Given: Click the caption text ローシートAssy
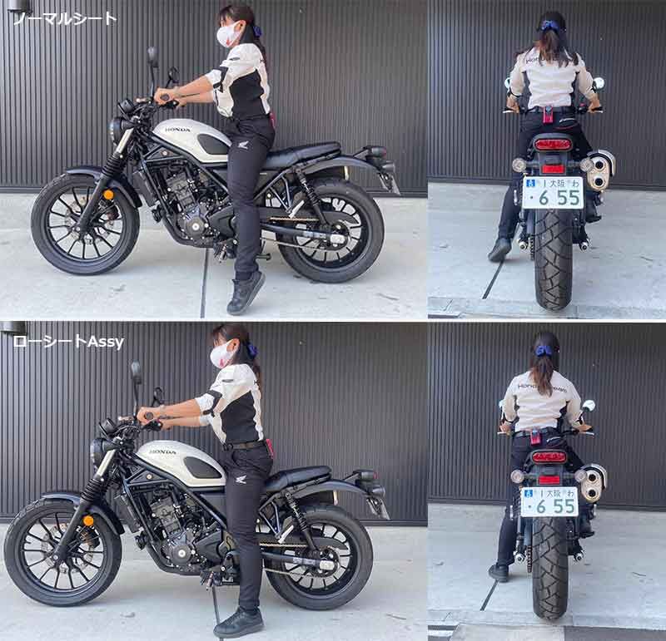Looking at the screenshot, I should click(68, 342).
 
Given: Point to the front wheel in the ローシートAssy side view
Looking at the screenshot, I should click(62, 551).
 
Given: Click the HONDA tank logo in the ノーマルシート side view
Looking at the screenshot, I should click(177, 130).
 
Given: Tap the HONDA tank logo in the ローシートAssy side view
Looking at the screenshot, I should click(162, 451).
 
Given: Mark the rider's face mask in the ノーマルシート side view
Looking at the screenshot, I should click(227, 35).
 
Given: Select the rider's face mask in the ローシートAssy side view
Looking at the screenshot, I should click(221, 355).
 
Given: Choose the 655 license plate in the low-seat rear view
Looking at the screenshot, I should click(549, 501).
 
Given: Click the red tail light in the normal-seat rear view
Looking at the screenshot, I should click(552, 145).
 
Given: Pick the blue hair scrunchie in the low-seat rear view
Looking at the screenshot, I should click(544, 351).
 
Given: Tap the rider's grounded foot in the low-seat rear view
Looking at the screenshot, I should click(499, 572).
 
